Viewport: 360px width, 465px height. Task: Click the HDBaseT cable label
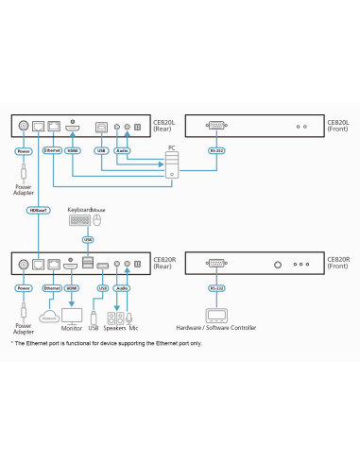click(x=38, y=211)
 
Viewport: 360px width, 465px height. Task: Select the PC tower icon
click(x=171, y=164)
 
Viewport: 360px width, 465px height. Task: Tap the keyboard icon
click(x=80, y=220)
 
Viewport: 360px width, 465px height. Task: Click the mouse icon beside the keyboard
click(x=97, y=221)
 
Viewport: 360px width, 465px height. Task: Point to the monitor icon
click(x=72, y=315)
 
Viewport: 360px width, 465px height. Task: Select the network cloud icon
click(x=48, y=318)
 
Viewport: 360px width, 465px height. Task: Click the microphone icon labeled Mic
click(x=129, y=317)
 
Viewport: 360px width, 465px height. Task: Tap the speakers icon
click(x=117, y=317)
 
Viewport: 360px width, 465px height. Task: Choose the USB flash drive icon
click(x=94, y=317)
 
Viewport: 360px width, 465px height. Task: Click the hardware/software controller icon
click(x=217, y=316)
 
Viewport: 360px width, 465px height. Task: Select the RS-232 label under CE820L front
click(x=217, y=149)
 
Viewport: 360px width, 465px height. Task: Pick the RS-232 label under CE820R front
click(x=217, y=287)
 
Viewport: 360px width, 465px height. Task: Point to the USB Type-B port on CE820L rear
click(x=102, y=126)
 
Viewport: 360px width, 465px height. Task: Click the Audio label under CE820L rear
click(x=122, y=149)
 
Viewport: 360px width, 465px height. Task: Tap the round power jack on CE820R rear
click(x=22, y=264)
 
